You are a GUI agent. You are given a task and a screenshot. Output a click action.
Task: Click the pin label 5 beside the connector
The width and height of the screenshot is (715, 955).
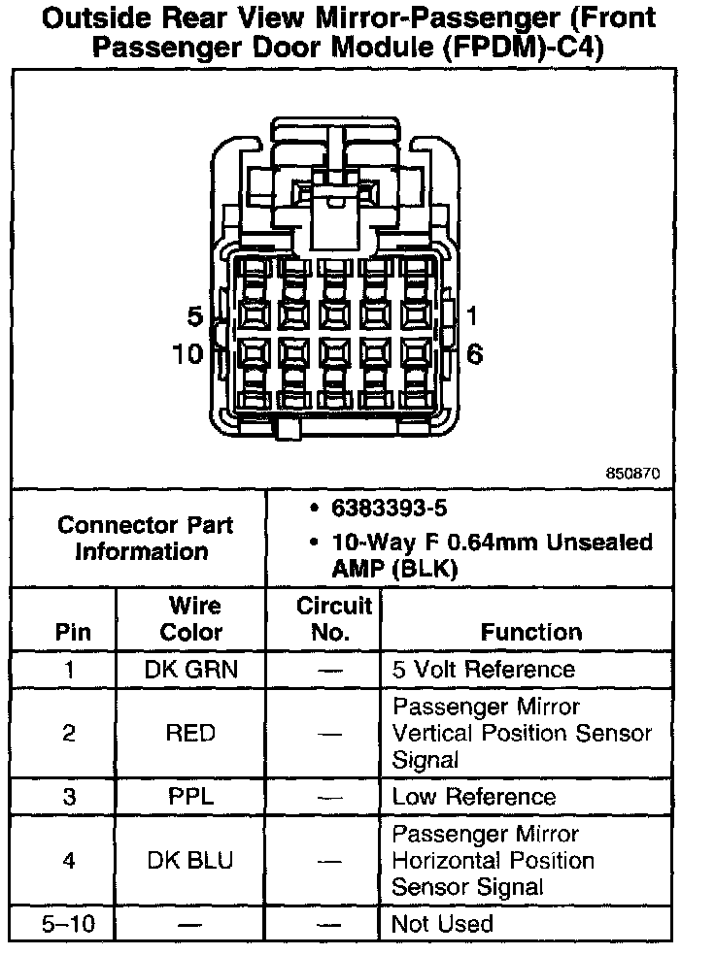pos(194,317)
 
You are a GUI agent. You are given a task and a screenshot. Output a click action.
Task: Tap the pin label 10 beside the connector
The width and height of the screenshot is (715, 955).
pos(187,354)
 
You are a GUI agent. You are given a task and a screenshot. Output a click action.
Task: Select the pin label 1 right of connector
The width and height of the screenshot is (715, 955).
pos(472,316)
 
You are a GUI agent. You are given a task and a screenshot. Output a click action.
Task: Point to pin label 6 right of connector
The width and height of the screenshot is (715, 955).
pos(474,354)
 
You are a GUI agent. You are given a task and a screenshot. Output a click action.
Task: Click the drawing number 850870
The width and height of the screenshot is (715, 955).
pos(632,475)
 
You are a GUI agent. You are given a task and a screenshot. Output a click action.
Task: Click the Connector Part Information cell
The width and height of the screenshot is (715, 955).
pos(145,538)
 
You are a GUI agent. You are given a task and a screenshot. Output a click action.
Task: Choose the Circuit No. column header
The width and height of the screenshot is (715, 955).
pos(333,619)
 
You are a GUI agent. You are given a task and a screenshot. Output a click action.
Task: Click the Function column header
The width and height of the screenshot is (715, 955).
pos(531,632)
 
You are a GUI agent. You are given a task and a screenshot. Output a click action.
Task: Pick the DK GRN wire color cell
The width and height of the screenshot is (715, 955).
pos(190,670)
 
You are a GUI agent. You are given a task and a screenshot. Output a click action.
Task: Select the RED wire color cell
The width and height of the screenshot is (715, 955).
pos(190,733)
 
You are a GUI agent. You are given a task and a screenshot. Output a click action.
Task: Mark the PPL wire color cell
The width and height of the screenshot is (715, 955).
pos(190,798)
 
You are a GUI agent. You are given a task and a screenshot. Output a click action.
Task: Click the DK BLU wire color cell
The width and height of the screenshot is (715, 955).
pos(190,861)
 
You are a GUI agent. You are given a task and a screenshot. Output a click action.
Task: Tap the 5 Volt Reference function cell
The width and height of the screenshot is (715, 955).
pos(483,670)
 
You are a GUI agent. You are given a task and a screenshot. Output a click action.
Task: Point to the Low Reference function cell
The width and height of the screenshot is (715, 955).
pos(473,798)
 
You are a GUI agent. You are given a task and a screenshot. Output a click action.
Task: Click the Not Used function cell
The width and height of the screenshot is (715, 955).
pos(442,924)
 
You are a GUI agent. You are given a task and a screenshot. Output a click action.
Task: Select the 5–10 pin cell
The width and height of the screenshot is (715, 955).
pos(68,924)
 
